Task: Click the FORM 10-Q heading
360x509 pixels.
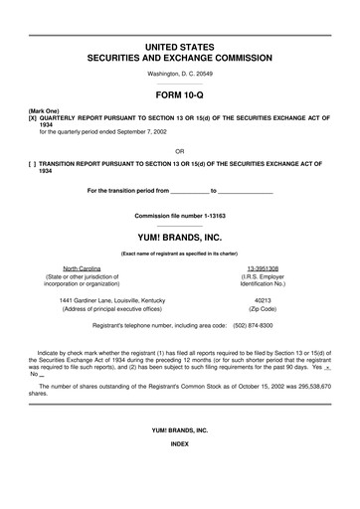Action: point(179,97)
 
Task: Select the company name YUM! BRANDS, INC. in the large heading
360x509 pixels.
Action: point(179,238)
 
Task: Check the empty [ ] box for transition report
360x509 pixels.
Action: point(18,163)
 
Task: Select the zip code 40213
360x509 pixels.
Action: point(263,299)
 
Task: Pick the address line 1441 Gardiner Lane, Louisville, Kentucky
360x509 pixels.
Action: point(111,299)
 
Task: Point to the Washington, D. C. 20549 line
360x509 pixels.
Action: point(179,74)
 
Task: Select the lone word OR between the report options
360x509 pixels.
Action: point(179,151)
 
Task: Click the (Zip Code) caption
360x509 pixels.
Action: point(263,308)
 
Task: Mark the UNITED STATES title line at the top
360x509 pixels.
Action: point(179,47)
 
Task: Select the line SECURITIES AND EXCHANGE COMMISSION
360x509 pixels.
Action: point(179,59)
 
